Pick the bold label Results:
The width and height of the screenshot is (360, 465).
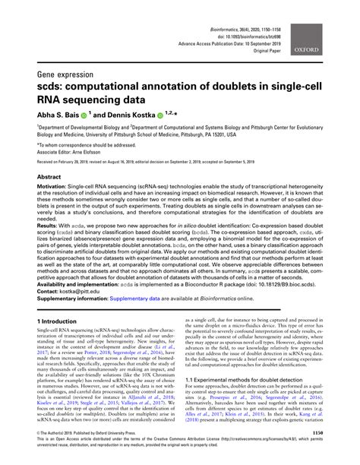pyautogui.click(x=52, y=226)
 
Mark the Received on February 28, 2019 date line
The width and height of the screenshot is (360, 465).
pyautogui.click(x=79, y=162)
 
